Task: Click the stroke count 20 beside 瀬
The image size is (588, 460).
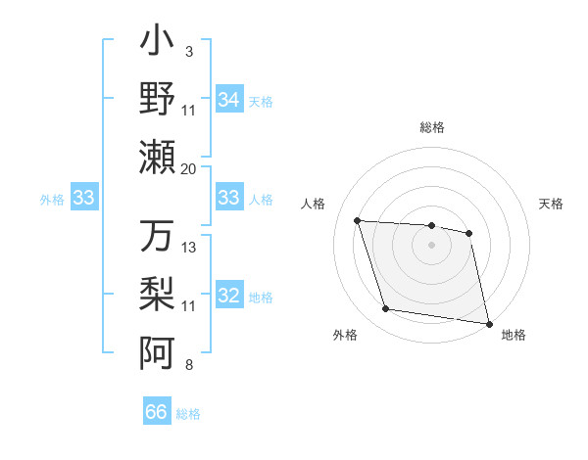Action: (x=188, y=168)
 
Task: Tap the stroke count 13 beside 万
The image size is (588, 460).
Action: (x=189, y=247)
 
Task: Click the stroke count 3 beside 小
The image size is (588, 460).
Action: (x=188, y=51)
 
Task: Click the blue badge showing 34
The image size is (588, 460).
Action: (x=229, y=100)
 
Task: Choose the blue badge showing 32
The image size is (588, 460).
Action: (x=229, y=297)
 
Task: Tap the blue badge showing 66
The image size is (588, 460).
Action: (x=157, y=412)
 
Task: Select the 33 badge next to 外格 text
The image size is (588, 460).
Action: (x=84, y=199)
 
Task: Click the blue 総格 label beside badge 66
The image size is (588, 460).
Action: (x=188, y=413)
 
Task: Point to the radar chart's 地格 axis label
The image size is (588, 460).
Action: (x=514, y=336)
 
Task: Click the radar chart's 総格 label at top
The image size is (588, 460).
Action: (x=431, y=127)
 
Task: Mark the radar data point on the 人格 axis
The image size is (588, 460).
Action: (x=358, y=220)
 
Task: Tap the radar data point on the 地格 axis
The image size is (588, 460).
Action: (x=487, y=322)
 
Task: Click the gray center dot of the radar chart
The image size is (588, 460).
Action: (x=431, y=245)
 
